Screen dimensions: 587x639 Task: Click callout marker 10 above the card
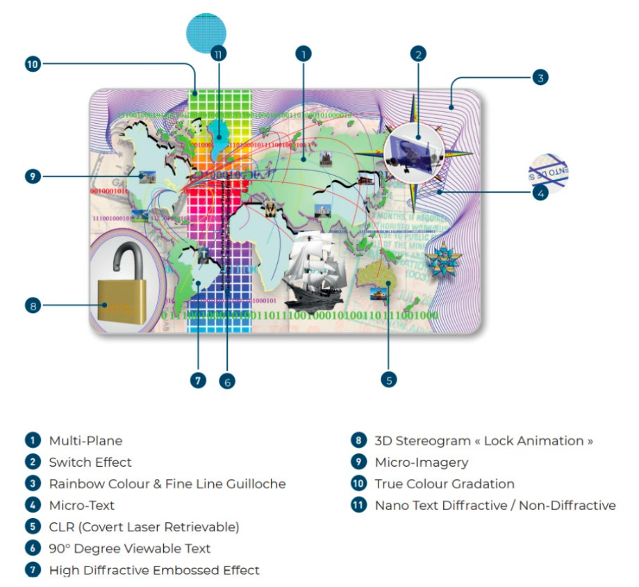(33, 65)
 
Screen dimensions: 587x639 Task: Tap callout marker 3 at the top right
(540, 77)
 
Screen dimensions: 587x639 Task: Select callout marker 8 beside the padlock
(33, 305)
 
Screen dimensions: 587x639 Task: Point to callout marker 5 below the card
(389, 379)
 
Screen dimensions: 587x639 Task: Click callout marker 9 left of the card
(33, 177)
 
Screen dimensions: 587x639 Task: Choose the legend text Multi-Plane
(85, 441)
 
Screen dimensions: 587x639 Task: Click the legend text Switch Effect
(90, 463)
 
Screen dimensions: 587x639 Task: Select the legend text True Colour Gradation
(445, 484)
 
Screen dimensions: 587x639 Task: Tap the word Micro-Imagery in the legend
(422, 463)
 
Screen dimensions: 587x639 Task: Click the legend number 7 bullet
(33, 570)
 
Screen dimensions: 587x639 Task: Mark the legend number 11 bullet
(358, 506)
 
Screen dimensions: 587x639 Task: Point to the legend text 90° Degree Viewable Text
(130, 549)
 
